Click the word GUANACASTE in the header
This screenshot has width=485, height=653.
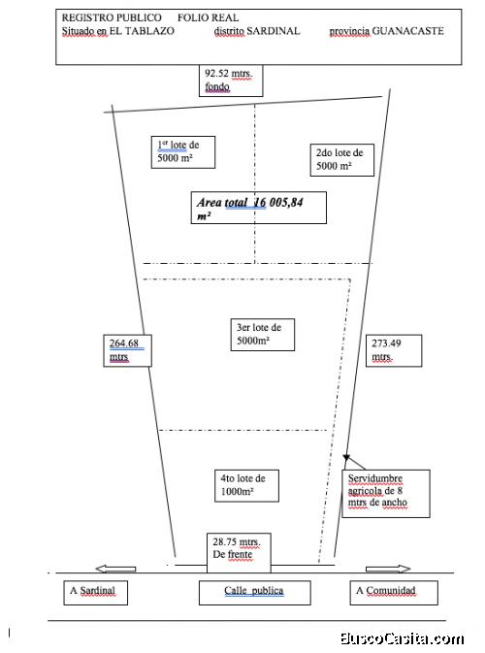[407, 31]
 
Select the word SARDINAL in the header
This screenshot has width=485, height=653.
[274, 31]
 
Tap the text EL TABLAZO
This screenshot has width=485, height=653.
[142, 31]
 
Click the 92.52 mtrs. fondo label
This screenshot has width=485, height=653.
[231, 81]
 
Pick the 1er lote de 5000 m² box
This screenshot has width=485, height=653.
[183, 152]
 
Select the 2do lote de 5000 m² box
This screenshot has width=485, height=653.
[342, 160]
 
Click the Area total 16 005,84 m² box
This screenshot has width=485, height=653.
[259, 208]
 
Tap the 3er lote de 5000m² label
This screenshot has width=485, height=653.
[263, 335]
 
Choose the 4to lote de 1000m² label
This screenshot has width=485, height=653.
[247, 485]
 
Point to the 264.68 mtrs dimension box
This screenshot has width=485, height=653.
[127, 350]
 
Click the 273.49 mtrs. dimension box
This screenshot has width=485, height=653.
[394, 350]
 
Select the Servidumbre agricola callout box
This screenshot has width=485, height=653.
[386, 494]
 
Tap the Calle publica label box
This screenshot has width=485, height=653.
[255, 593]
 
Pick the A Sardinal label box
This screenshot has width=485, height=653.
[96, 593]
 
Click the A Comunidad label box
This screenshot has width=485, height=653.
[394, 593]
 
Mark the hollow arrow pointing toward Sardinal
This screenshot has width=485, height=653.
[115, 569]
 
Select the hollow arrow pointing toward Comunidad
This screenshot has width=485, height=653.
[388, 569]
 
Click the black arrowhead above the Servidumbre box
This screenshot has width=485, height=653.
[346, 458]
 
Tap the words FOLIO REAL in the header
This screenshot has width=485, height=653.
[209, 17]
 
